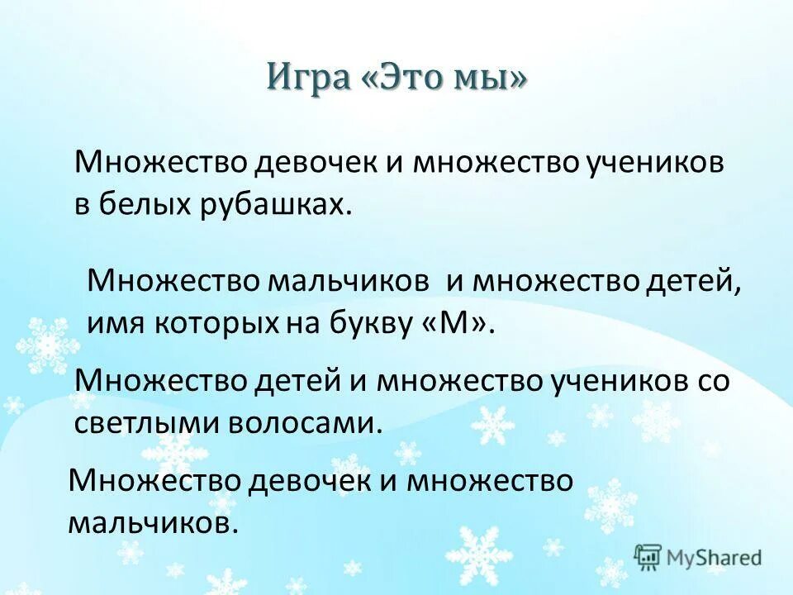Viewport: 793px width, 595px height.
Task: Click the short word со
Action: pyautogui.click(x=713, y=382)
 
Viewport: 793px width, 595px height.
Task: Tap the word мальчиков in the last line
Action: pyautogui.click(x=153, y=522)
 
